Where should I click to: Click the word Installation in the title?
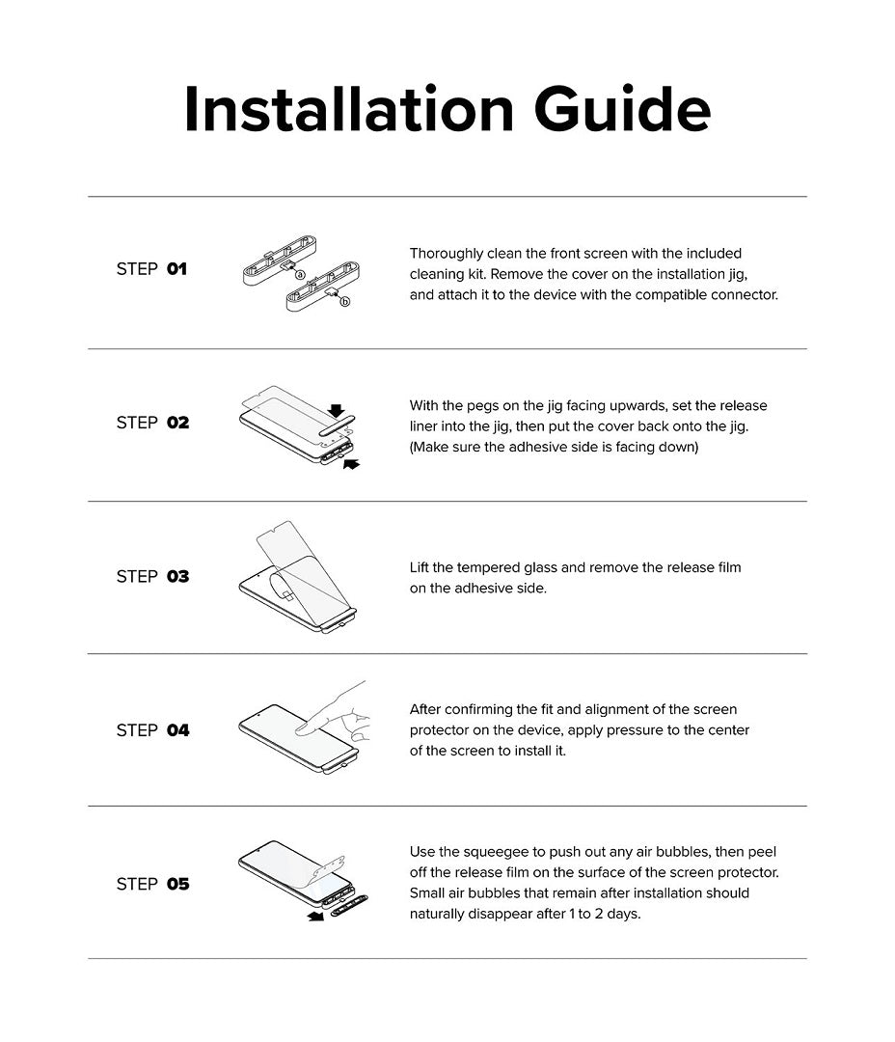coord(349,108)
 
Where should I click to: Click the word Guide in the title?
coord(623,108)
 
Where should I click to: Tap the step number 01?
coord(176,269)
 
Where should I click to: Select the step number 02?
coord(178,423)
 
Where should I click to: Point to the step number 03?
coord(178,577)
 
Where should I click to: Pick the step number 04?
coord(178,730)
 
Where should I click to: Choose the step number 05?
coord(178,885)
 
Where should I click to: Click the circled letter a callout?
coord(300,274)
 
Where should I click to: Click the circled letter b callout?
coord(345,302)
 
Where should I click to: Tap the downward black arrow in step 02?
coord(337,411)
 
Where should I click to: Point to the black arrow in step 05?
coord(315,917)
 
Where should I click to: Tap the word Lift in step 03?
coord(419,567)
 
